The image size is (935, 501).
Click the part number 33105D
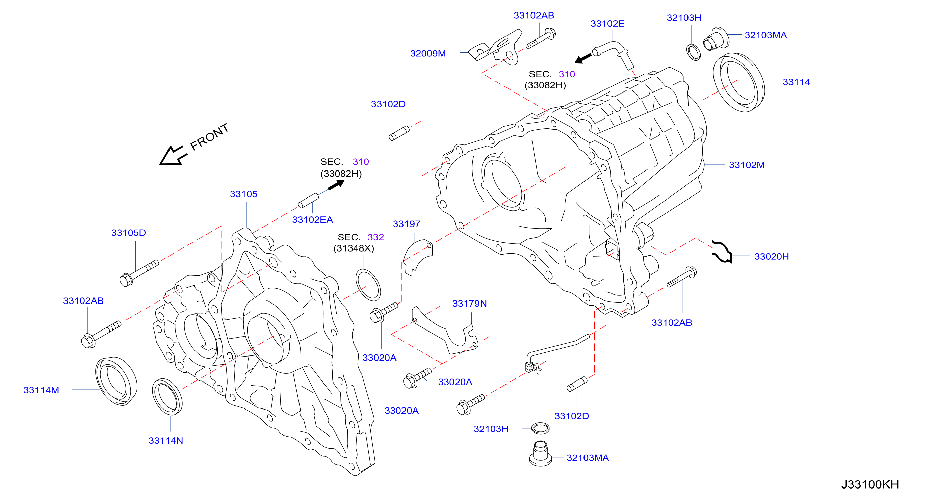(x=129, y=233)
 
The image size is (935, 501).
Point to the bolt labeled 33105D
(x=139, y=273)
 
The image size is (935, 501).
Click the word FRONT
(x=209, y=136)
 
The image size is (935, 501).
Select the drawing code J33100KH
(x=870, y=484)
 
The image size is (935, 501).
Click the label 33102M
(x=747, y=165)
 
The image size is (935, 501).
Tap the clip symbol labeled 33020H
(x=722, y=252)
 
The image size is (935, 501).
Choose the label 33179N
(x=469, y=303)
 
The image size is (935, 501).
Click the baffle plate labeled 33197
(x=417, y=257)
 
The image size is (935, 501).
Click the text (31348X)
(x=354, y=248)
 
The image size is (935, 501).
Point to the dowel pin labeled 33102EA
(x=308, y=201)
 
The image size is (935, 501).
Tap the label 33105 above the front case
(x=243, y=194)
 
